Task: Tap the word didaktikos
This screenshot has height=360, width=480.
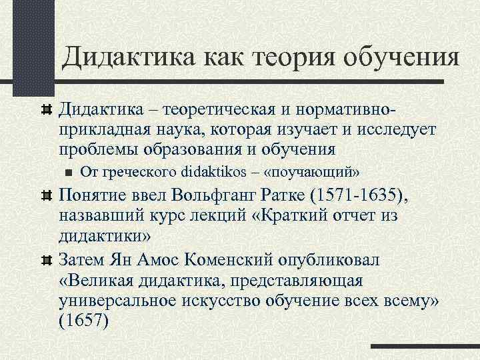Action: coord(213,171)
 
